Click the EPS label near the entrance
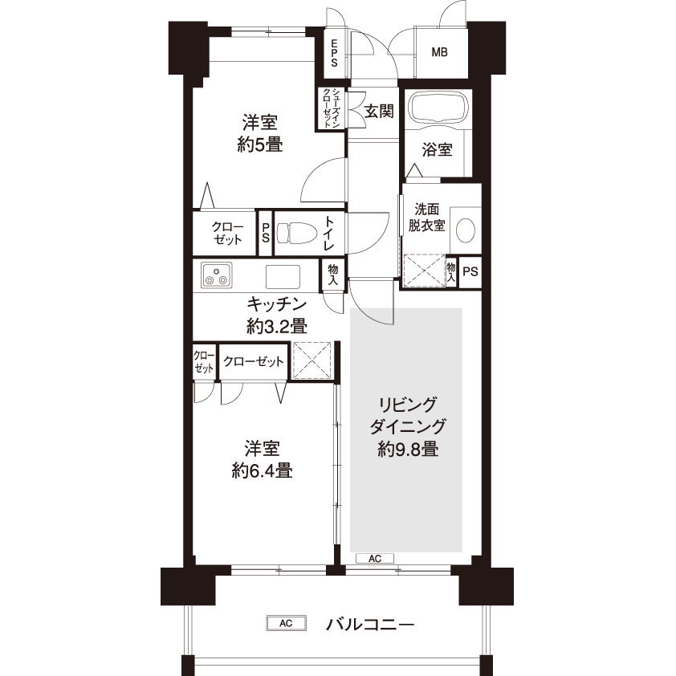(x=334, y=53)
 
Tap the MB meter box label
(x=439, y=53)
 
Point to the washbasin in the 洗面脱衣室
(x=465, y=230)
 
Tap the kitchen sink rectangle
(x=283, y=276)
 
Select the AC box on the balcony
(x=287, y=623)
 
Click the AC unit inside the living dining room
(x=375, y=559)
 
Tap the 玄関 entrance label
(x=379, y=112)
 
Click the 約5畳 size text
(x=260, y=145)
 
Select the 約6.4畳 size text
(x=262, y=470)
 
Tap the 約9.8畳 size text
(x=408, y=450)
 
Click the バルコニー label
(x=370, y=624)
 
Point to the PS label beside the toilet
(x=266, y=232)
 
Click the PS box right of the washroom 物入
(x=470, y=271)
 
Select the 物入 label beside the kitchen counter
(x=333, y=275)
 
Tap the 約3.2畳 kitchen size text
(x=277, y=327)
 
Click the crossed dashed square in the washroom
(x=424, y=271)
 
